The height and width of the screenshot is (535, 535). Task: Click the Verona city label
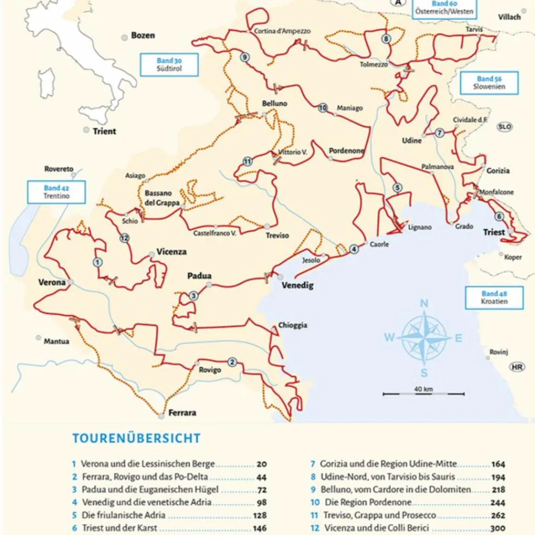[x=52, y=283]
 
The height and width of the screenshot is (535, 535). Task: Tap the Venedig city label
[x=297, y=285]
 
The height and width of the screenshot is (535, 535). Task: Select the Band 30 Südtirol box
[x=169, y=65]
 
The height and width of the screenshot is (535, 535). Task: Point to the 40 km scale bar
[x=423, y=393]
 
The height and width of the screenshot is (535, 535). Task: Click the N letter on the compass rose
[x=424, y=304]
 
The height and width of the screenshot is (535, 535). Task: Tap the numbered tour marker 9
[x=245, y=57]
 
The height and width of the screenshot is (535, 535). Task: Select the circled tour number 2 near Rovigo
[x=232, y=362]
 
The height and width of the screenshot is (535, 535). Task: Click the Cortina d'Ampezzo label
[x=282, y=31]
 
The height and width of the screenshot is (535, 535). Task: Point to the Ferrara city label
[x=182, y=413]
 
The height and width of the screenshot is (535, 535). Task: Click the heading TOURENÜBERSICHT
[x=136, y=438]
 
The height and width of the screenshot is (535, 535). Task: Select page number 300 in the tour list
[x=497, y=528]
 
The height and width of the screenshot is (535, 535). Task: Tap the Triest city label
[x=494, y=232]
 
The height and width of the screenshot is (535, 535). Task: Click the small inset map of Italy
[x=78, y=57]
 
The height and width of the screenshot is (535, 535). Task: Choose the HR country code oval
[x=517, y=367]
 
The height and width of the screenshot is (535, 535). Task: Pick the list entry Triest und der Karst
[x=119, y=528]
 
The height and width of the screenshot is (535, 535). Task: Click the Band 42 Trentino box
[x=56, y=192]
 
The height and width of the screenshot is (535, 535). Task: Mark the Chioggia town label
[x=293, y=325]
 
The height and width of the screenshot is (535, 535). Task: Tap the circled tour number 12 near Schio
[x=124, y=238]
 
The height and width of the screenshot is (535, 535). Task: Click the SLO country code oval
[x=505, y=126]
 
